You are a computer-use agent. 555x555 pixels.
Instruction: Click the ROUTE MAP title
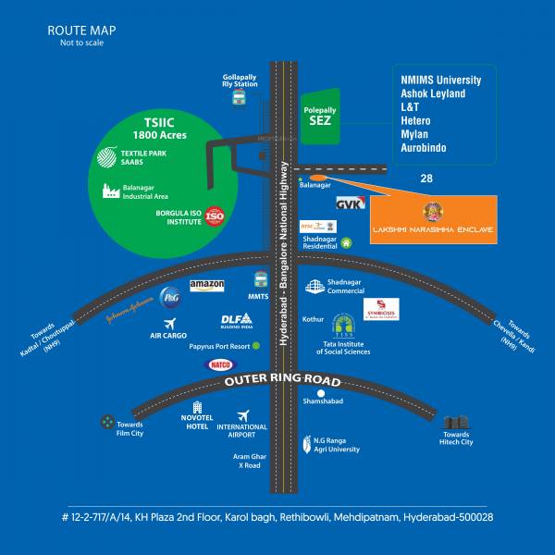click(82, 31)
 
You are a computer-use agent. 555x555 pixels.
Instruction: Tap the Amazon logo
click(207, 286)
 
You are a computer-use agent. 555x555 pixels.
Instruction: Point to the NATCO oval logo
click(220, 365)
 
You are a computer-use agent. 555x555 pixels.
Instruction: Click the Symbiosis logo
click(381, 309)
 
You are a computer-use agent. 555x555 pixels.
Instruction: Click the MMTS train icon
click(261, 279)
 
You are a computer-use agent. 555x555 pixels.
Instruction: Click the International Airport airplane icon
click(242, 415)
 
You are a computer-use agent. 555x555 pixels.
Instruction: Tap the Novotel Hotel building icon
click(197, 407)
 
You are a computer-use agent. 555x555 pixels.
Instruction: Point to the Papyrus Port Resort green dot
click(255, 346)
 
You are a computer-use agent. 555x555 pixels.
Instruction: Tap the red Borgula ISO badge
click(215, 216)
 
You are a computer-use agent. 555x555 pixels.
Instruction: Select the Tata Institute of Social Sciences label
click(343, 347)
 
